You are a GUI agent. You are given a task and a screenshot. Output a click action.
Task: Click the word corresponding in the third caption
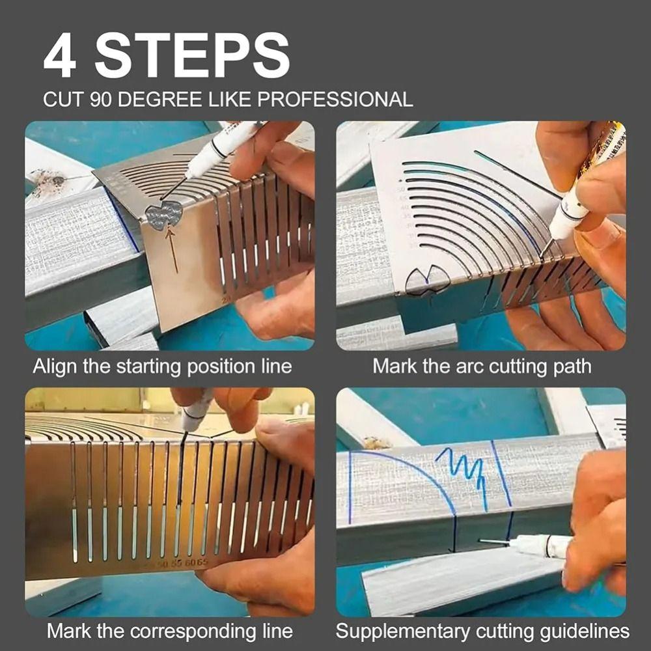(185, 631)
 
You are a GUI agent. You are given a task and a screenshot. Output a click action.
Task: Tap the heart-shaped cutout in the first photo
(163, 214)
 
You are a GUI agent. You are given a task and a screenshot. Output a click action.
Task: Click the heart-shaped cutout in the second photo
(426, 282)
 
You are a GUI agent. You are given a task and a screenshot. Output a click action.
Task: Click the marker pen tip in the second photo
(544, 246)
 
